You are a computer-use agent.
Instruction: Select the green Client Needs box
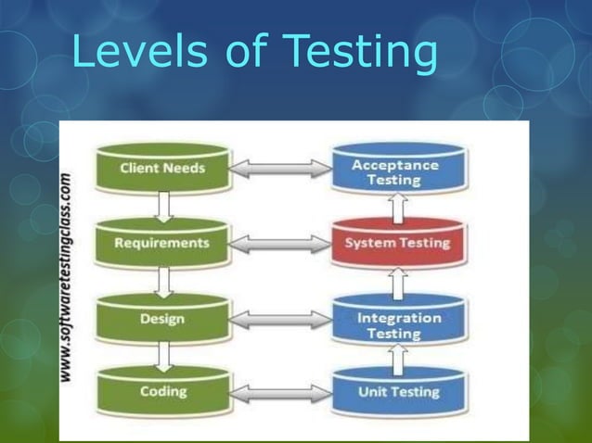[162, 169]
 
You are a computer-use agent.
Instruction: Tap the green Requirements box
[162, 243]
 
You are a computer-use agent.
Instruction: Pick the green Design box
[162, 319]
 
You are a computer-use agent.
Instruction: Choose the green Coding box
[162, 391]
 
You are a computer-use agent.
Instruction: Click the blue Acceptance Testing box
[398, 171]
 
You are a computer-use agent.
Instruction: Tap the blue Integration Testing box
[399, 323]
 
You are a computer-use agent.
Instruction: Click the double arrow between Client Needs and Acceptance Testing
[279, 169]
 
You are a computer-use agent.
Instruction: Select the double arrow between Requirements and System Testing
[279, 244]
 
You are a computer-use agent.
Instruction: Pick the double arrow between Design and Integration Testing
[279, 320]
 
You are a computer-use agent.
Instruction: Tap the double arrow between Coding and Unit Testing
[279, 393]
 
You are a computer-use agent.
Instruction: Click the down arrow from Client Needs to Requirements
[163, 206]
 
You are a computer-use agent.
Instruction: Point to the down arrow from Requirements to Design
[163, 280]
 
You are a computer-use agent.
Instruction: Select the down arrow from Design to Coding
[163, 354]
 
